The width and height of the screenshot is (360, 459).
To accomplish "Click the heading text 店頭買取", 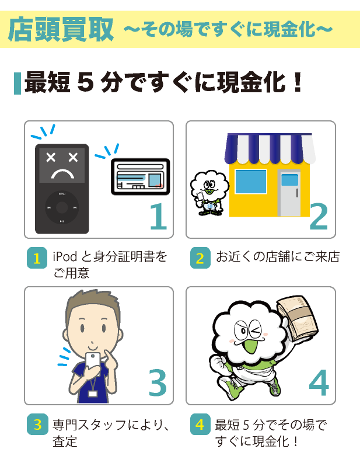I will [x=61, y=30].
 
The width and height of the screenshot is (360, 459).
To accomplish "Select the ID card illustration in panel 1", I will [x=140, y=177].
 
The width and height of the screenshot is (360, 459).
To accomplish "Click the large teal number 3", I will [x=158, y=382].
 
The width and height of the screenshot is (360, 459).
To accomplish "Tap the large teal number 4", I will [x=319, y=382].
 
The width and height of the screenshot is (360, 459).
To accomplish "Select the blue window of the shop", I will [x=250, y=182].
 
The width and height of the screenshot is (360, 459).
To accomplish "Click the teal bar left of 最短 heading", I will [x=16, y=84].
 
